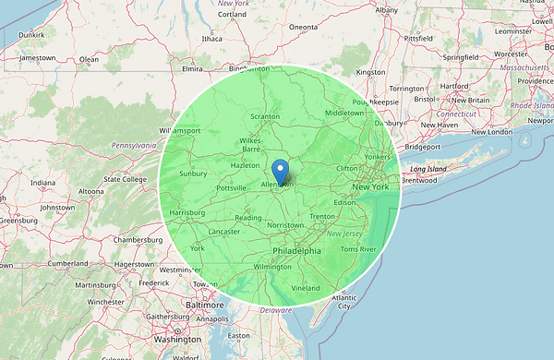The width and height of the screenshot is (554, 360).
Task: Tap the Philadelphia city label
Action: [296, 251]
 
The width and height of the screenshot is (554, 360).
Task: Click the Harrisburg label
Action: [187, 213]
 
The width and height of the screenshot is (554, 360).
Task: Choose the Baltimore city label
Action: [204, 305]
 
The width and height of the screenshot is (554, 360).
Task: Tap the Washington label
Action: [178, 340]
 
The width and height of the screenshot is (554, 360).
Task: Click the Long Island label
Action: [429, 170]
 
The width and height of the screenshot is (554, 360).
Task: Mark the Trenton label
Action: [322, 217]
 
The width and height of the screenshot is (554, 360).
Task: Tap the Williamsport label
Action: [180, 131]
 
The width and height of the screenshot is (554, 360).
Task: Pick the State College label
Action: [126, 179]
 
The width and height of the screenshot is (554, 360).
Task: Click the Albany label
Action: [387, 10]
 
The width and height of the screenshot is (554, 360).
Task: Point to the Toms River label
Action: [359, 249]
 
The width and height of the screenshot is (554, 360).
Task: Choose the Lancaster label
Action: [225, 231]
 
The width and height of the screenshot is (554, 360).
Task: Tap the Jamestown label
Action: [38, 57]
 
